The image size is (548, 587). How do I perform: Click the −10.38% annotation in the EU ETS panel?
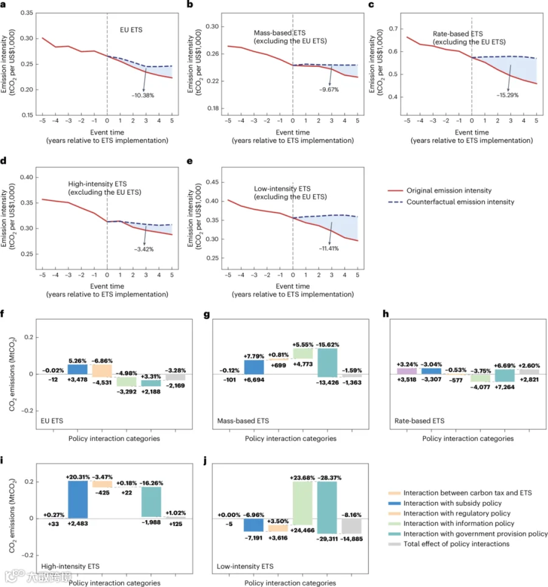(x=144, y=96)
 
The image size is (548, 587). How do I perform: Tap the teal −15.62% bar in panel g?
(x=327, y=363)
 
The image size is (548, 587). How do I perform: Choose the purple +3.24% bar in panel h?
(x=406, y=371)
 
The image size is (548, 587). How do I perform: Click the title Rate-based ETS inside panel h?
(x=420, y=421)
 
